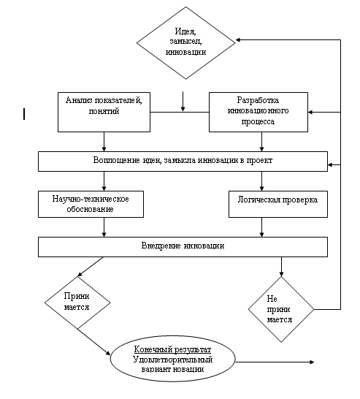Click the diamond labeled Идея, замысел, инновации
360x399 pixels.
(x=186, y=42)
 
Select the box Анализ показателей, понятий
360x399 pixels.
(x=104, y=113)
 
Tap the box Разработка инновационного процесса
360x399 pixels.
(x=258, y=113)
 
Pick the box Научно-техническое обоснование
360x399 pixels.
(x=91, y=205)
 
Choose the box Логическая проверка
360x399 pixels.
(x=278, y=205)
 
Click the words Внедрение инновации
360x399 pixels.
(x=183, y=246)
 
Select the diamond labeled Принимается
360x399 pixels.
(x=77, y=303)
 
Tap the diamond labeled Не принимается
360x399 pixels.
(x=281, y=309)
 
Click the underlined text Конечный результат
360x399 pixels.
(x=172, y=349)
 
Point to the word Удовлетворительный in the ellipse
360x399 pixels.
(x=172, y=360)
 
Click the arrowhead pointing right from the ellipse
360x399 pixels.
(x=312, y=362)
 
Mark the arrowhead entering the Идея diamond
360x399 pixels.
(x=238, y=40)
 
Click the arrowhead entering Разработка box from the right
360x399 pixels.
(x=310, y=112)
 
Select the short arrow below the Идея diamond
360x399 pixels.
(x=183, y=102)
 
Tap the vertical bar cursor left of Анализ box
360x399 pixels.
(x=24, y=114)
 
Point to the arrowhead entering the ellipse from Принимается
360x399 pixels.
(x=108, y=353)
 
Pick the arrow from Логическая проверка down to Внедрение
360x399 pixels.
(x=261, y=227)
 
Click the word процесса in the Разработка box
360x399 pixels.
(x=258, y=121)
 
